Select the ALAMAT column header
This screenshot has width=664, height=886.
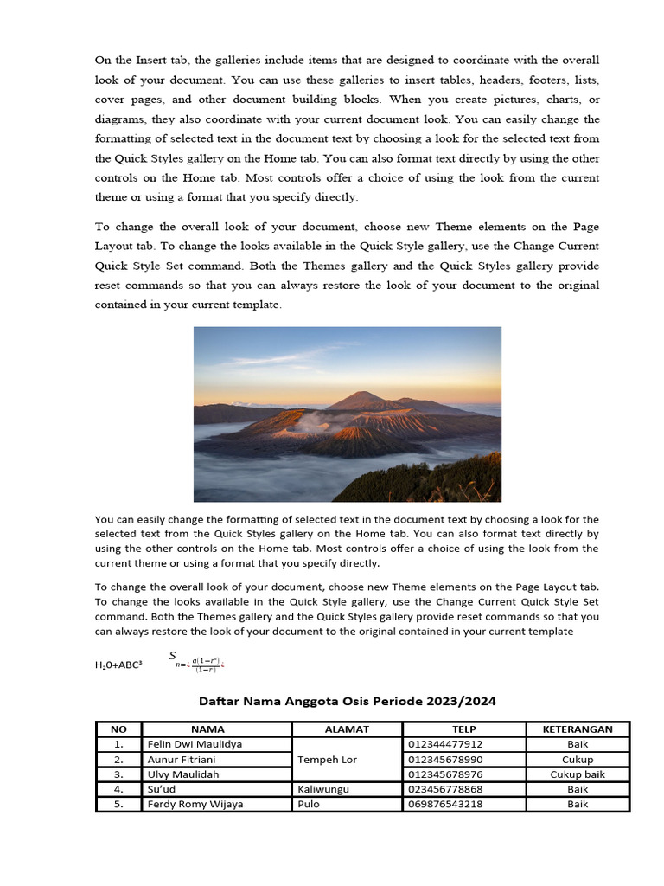click(347, 729)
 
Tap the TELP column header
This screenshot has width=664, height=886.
click(463, 729)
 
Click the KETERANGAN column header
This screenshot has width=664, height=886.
click(578, 729)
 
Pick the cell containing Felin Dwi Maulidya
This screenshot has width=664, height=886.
click(195, 744)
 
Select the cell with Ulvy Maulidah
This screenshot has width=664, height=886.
click(183, 774)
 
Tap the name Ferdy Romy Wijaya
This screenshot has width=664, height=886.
click(195, 804)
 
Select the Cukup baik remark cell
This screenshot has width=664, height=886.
click(578, 774)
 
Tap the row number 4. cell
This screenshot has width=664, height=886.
click(118, 789)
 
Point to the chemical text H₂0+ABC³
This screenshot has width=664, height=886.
click(118, 665)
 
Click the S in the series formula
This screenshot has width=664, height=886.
click(173, 655)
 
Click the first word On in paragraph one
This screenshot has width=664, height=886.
click(102, 60)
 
